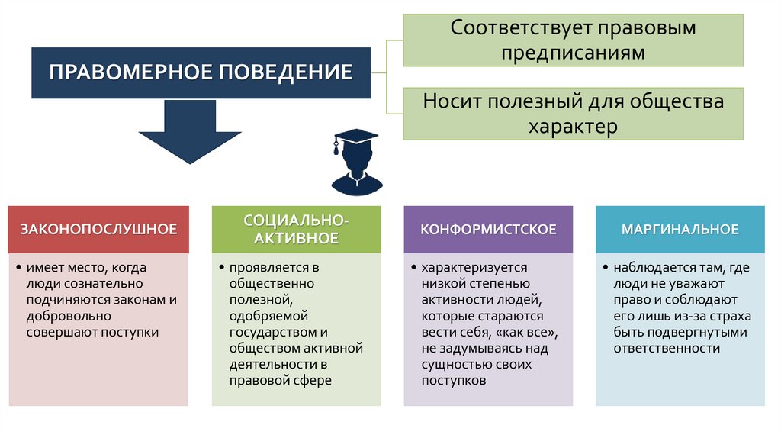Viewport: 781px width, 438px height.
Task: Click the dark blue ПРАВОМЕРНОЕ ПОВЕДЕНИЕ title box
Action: [x=201, y=72]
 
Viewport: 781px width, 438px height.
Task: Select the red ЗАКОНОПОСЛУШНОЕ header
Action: [x=98, y=229]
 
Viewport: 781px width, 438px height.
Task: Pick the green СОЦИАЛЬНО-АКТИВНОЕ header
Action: [x=297, y=229]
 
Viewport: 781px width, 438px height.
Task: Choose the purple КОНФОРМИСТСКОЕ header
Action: [x=488, y=229]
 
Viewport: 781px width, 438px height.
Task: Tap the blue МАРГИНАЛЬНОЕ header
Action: [x=680, y=229]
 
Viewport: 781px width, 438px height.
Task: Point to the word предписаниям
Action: [x=573, y=53]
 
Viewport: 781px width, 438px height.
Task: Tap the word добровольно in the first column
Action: [x=69, y=315]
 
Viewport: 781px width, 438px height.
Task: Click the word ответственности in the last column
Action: [x=667, y=348]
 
